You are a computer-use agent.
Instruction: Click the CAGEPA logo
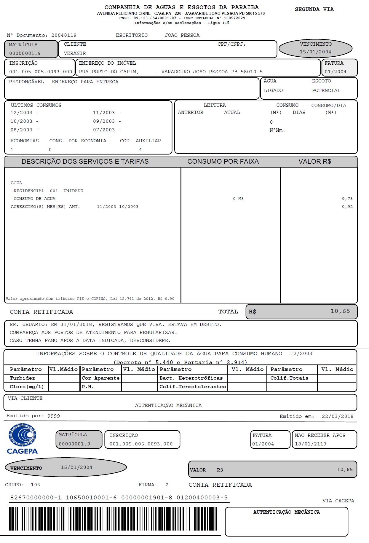[22, 439]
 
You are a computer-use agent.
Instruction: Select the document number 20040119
[64, 35]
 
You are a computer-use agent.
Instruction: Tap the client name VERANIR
[75, 53]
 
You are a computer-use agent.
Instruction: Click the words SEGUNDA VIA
[314, 9]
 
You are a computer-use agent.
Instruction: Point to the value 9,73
[347, 199]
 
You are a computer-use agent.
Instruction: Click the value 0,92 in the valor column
[347, 207]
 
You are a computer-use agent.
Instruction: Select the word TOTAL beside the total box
[228, 312]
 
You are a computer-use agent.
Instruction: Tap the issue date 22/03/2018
[337, 416]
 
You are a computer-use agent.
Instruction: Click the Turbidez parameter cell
[22, 378]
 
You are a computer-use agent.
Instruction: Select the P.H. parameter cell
[88, 387]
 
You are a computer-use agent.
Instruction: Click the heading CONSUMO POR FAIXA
[223, 162]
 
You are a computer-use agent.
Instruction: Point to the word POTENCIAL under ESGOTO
[326, 90]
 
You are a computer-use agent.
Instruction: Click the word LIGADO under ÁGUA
[273, 90]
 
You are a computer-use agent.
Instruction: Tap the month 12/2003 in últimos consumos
[21, 113]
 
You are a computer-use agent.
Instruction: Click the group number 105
[35, 485]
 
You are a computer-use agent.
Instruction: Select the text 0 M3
[238, 199]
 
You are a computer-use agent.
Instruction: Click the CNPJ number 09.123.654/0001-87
[155, 18]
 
